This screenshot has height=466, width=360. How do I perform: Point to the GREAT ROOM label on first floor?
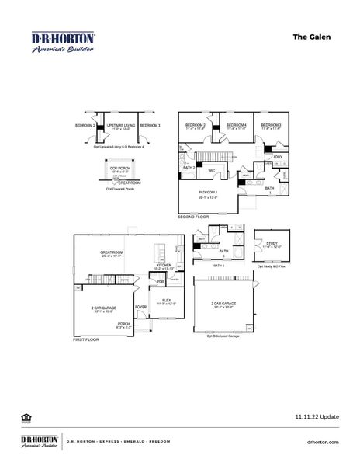112,252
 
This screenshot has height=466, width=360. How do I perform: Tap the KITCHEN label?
163,264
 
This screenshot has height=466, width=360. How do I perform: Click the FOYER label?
141,306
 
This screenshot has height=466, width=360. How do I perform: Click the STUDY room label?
271,243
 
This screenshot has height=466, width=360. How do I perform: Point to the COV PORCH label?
119,168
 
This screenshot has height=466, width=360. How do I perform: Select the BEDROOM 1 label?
207,192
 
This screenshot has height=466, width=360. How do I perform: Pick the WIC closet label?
210,169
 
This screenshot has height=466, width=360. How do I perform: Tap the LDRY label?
277,157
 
